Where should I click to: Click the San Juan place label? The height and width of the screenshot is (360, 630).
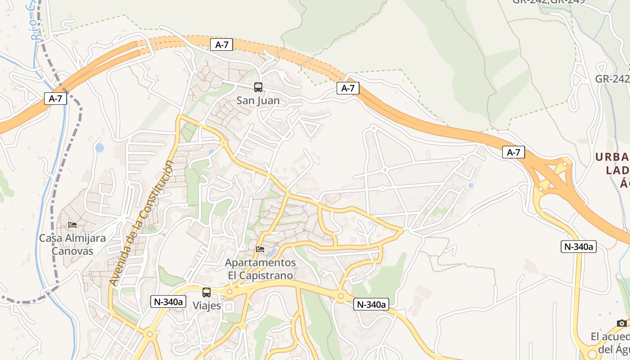pos(258,101)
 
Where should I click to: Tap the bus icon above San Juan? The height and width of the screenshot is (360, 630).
pos(258,87)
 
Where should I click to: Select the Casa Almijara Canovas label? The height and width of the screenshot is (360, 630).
pos(72,244)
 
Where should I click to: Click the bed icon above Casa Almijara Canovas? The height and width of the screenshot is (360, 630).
pos(72,225)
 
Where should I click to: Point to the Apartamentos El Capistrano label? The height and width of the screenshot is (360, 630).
pos(260,269)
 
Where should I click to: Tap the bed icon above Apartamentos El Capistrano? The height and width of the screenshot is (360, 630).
pos(260,249)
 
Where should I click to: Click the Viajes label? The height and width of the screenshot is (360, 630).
pos(207,306)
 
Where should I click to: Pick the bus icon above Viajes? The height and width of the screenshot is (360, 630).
pos(207,292)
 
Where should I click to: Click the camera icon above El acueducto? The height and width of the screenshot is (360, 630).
pos(622,323)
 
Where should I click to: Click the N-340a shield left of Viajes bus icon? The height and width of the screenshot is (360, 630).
pos(168,302)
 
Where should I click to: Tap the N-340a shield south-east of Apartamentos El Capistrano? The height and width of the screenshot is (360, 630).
pos(371,305)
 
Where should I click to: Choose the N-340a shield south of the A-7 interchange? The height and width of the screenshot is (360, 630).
pos(578,247)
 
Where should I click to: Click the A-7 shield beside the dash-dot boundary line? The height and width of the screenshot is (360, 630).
pos(55,99)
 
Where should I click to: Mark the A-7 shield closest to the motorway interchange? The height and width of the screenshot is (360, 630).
pos(513,153)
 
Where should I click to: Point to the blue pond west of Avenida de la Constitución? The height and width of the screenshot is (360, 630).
pos(99,148)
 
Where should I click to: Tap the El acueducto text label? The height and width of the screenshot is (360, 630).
pos(610,342)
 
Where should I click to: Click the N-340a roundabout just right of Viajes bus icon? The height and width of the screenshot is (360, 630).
pos(230,292)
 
